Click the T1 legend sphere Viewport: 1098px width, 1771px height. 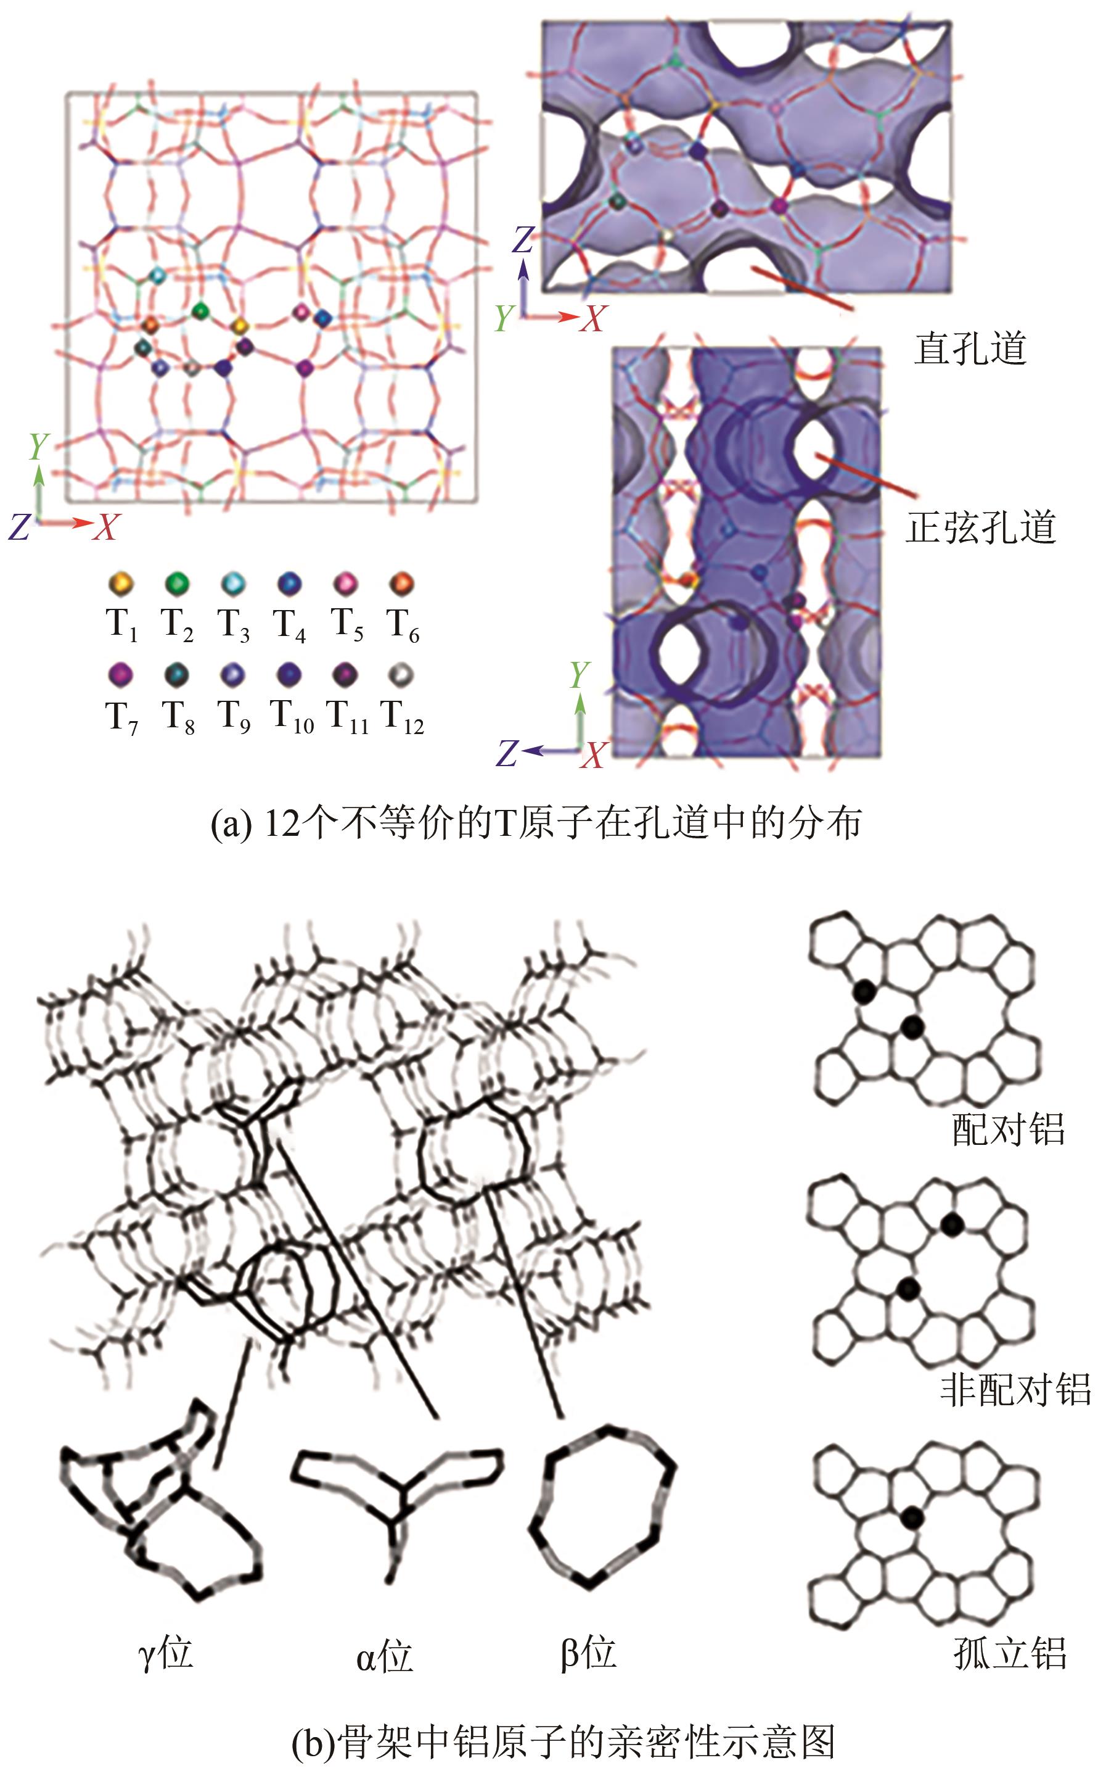pyautogui.click(x=121, y=584)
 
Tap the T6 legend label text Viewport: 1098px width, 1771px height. pyautogui.click(x=403, y=625)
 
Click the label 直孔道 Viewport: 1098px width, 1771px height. pyautogui.click(x=970, y=349)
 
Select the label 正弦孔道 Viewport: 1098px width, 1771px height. pyautogui.click(x=980, y=527)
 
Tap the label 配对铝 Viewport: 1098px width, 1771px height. pyautogui.click(x=1008, y=1129)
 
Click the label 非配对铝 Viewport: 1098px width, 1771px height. pyautogui.click(x=1015, y=1389)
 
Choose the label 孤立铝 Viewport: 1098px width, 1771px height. pyautogui.click(x=1009, y=1654)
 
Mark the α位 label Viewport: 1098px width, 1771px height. pyautogui.click(x=384, y=1656)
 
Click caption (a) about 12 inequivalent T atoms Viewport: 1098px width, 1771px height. pyautogui.click(x=536, y=824)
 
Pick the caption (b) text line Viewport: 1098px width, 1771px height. pyautogui.click(x=563, y=1742)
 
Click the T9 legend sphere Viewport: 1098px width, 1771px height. pyautogui.click(x=233, y=675)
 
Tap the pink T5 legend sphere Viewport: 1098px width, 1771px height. pyautogui.click(x=346, y=584)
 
